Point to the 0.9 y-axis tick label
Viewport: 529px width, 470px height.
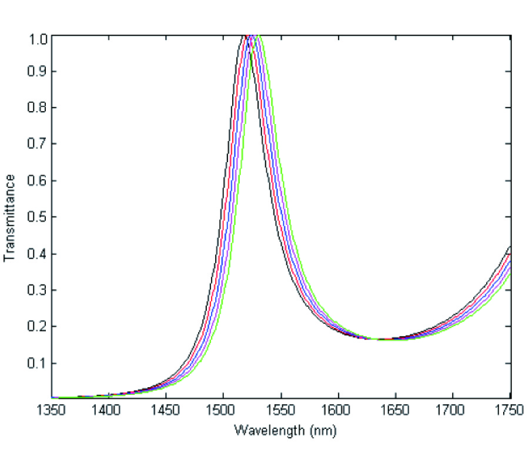39,72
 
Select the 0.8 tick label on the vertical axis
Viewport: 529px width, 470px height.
39,108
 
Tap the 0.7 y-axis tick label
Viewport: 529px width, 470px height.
39,145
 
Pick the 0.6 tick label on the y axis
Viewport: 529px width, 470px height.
39,181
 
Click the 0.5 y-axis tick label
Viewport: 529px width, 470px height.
39,217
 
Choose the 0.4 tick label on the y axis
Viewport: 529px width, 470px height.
39,254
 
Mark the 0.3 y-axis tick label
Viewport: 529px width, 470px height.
39,290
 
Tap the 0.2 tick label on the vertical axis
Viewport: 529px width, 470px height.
39,327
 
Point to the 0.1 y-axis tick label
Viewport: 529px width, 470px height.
39,363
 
